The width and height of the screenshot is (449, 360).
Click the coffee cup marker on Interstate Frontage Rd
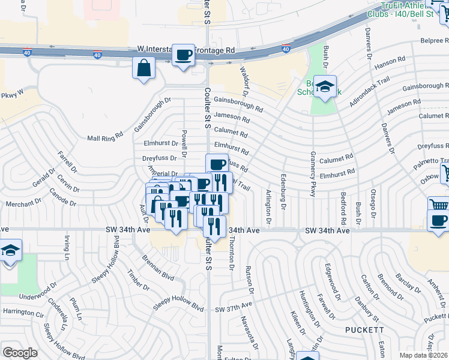point(183,55)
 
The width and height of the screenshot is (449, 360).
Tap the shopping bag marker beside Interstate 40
point(145,68)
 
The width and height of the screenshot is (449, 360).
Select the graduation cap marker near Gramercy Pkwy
point(325,87)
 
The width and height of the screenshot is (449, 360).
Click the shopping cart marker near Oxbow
point(445,174)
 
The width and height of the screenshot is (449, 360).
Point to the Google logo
point(20,352)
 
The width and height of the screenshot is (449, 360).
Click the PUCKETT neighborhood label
point(364,330)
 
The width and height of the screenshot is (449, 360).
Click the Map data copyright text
point(424,355)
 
